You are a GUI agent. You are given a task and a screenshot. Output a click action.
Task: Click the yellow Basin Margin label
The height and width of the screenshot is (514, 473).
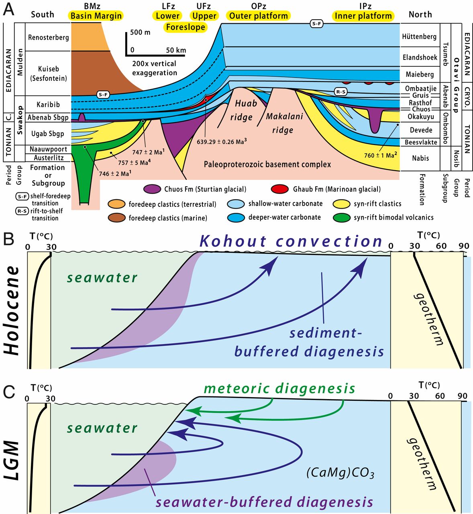click(x=96, y=16)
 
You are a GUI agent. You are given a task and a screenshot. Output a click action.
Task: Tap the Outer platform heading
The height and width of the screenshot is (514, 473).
click(x=259, y=16)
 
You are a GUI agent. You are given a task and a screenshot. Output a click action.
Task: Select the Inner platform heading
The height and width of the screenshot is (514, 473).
click(x=363, y=16)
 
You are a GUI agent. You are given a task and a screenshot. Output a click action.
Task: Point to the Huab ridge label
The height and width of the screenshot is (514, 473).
click(x=244, y=110)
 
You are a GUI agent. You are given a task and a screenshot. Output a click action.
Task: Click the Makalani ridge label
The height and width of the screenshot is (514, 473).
click(x=283, y=123)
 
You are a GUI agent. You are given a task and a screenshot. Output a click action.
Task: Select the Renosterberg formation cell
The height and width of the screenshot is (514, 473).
click(x=48, y=37)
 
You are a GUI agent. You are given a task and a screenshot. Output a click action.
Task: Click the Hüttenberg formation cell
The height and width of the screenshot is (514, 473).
click(x=420, y=37)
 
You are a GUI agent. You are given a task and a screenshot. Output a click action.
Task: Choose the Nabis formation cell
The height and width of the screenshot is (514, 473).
click(x=420, y=158)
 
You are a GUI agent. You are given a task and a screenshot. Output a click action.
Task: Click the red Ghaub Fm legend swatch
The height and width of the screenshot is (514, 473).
click(x=279, y=189)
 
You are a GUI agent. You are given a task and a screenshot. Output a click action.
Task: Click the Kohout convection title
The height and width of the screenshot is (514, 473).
click(x=291, y=241)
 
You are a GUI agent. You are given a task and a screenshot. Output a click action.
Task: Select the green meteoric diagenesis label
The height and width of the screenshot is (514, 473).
click(x=279, y=388)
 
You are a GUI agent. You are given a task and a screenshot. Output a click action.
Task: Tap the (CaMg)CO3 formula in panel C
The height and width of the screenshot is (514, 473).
click(x=340, y=473)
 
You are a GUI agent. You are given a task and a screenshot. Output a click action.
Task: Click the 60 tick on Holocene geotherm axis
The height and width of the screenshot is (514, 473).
click(x=441, y=245)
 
